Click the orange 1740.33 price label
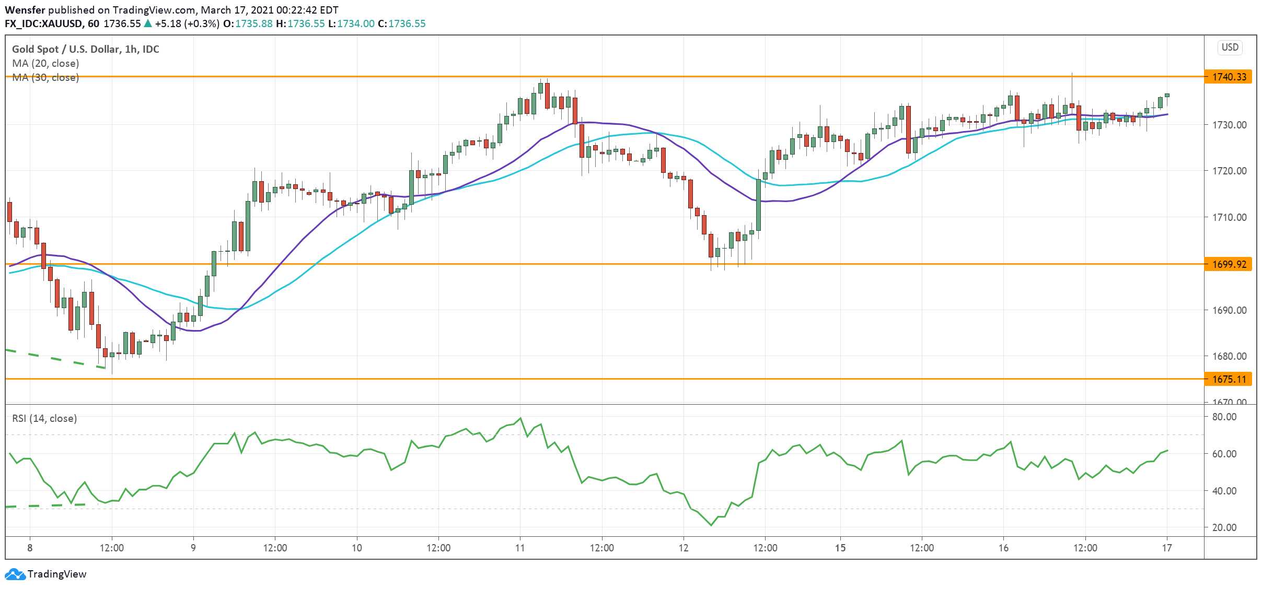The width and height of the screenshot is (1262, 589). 1229,77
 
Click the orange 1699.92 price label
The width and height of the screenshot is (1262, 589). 1229,264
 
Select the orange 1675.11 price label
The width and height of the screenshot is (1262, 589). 1229,379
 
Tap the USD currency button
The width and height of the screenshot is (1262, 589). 1230,48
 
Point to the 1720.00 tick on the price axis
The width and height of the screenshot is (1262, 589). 1229,171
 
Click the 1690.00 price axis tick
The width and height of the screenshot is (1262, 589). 1229,310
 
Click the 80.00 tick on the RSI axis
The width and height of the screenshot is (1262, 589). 1224,417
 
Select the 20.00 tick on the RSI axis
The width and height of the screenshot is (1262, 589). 1224,527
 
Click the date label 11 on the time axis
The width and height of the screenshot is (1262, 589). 519,548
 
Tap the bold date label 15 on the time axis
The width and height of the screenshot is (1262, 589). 840,548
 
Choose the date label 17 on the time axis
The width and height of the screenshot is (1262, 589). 1166,548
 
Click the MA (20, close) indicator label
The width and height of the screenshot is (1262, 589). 45,63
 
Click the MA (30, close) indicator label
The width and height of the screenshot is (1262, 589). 45,77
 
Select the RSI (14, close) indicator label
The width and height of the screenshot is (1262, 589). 44,418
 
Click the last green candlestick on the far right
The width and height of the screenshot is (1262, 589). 1167,95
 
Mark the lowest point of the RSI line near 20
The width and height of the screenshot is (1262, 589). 711,525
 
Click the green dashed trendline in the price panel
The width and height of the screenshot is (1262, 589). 52,358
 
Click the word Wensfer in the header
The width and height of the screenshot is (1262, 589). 25,10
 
